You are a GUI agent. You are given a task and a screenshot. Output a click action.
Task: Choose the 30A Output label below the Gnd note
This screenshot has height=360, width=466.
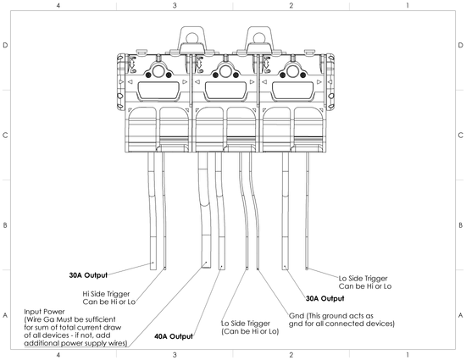pos(325,298)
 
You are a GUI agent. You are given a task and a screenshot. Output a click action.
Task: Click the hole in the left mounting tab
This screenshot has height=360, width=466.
pos(190,36)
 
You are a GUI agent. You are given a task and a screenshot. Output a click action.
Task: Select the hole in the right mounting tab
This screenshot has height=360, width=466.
pos(258,36)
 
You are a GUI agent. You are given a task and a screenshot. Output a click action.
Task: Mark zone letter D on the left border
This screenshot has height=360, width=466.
pos(7,45)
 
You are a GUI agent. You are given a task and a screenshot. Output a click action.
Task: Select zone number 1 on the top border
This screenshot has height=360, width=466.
pos(408,6)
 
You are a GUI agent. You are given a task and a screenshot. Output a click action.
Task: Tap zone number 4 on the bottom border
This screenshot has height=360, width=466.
pos(58,355)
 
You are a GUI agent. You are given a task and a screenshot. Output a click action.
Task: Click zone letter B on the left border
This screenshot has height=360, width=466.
pos(7,225)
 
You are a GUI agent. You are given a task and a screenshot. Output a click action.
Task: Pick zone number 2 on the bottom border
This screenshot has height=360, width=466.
pos(291,355)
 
